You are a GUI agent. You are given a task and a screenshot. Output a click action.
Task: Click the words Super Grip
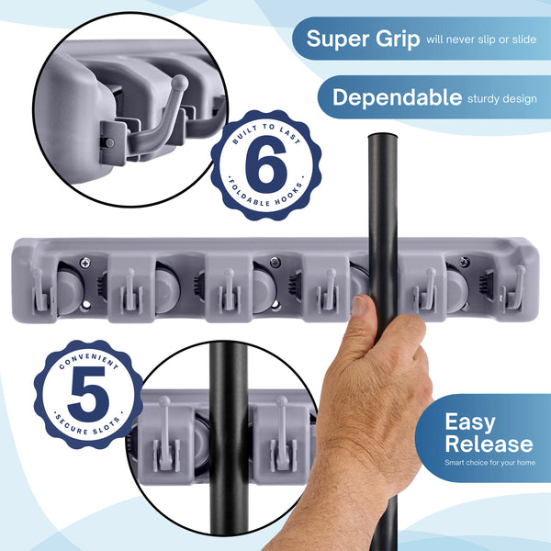click(363, 39)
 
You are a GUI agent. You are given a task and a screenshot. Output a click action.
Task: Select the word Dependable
click(397, 97)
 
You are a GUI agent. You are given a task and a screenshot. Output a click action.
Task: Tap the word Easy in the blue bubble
click(469, 422)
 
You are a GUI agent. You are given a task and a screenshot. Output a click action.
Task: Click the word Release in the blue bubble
click(488, 444)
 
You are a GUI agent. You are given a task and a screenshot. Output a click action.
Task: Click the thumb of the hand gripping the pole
click(362, 317)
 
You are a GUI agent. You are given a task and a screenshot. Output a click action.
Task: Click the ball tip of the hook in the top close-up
click(181, 83)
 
